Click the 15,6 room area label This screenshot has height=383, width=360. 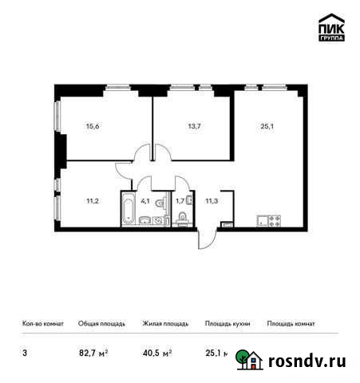coord(93,124)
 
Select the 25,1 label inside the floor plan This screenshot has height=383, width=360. coord(267,124)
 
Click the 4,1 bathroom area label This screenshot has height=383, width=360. coord(146,200)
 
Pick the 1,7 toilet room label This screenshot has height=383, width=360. coord(180,200)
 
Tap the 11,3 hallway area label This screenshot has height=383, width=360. coord(212,200)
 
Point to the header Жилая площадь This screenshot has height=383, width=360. coord(164,324)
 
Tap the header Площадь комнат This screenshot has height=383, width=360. coord(291,324)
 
